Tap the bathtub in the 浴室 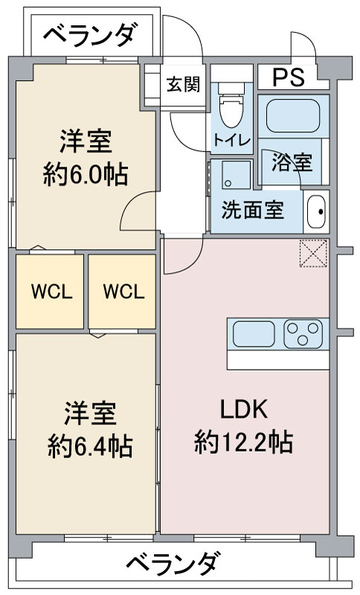[293, 116]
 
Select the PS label [289, 77]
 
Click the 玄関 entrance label [184, 84]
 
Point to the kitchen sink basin [254, 333]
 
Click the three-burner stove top [303, 333]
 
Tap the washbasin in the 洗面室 [316, 211]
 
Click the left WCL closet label [51, 292]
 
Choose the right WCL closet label [123, 292]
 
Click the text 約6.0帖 [85, 175]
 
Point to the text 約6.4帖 [90, 447]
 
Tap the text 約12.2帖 [243, 443]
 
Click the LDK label [244, 408]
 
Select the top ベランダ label [89, 34]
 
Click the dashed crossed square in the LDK [313, 253]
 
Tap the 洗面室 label [253, 210]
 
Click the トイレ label [231, 140]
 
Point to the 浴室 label [292, 163]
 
